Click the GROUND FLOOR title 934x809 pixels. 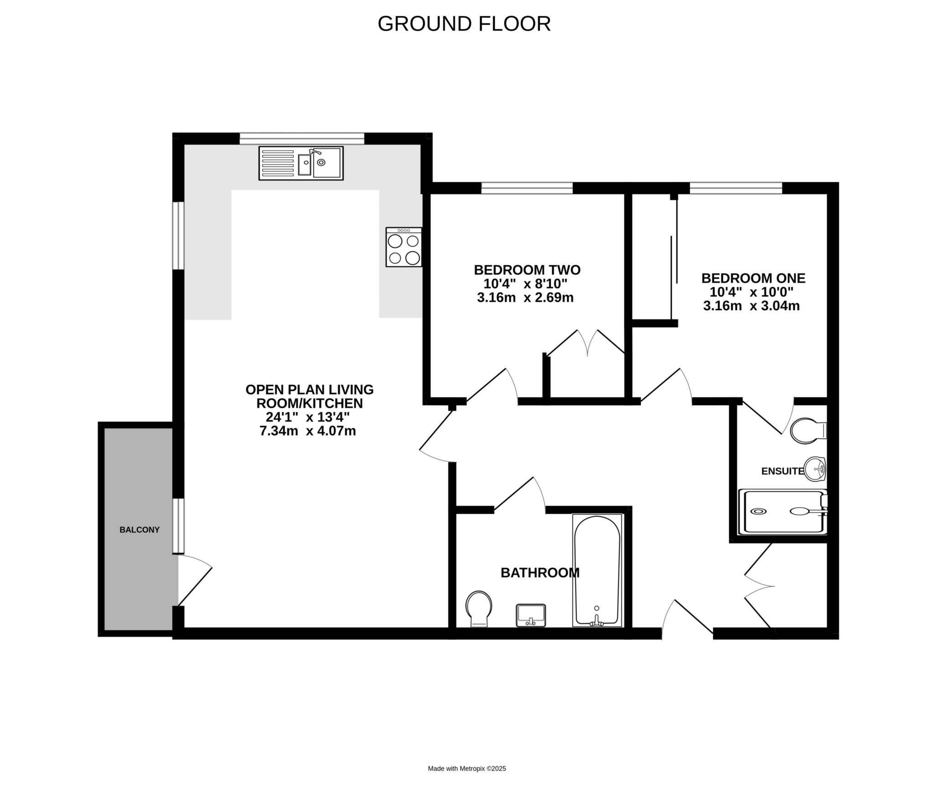pos(464,24)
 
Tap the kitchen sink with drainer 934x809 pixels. pos(301,163)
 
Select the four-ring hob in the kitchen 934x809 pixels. pos(404,247)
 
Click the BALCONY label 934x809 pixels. pos(140,530)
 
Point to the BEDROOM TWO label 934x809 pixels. pos(527,270)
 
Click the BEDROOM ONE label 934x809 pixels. pos(753,278)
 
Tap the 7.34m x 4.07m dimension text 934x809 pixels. pos(308,430)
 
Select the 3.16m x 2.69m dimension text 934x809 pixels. pos(525,298)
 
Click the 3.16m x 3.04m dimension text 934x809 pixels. pos(752,306)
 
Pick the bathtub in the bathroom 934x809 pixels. pos(597,570)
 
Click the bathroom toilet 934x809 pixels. pos(478,609)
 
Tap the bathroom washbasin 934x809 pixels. pos(531,616)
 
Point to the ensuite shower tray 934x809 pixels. pos(783,512)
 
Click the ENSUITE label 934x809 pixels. pos(783,471)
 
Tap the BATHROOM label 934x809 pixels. pos(540,573)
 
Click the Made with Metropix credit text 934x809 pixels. pos(467,768)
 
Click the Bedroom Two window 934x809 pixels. pos(527,188)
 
